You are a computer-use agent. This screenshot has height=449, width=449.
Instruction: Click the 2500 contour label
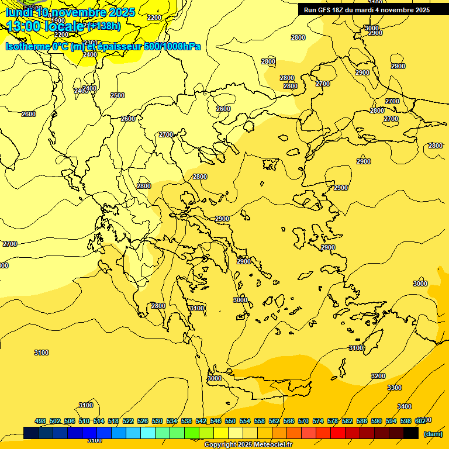(x=118, y=95)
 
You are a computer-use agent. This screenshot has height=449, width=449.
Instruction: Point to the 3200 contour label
(x=378, y=376)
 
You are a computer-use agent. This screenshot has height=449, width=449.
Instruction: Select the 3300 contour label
(x=395, y=388)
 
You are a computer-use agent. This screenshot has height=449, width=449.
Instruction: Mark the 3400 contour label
(x=404, y=406)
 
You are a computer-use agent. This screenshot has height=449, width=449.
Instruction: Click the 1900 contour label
(x=58, y=20)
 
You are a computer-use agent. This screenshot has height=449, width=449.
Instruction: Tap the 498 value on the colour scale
(x=40, y=421)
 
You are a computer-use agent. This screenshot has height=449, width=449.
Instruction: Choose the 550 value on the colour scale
(x=230, y=421)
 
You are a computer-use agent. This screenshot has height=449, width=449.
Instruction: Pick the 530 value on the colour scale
(x=157, y=421)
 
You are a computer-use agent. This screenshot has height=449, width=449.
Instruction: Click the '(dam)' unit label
(x=433, y=434)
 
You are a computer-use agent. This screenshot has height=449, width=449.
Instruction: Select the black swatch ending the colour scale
(x=411, y=433)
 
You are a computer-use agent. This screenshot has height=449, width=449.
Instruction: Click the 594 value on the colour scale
(x=391, y=421)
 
